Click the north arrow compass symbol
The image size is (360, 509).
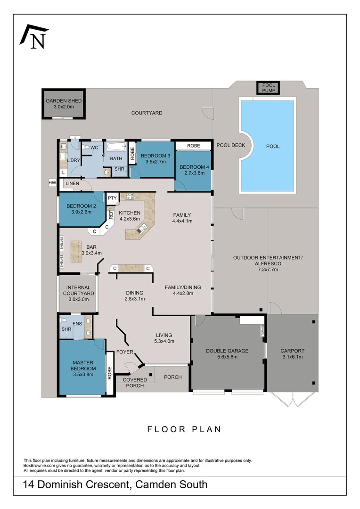pyautogui.click(x=34, y=37)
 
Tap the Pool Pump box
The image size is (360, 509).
pyautogui.click(x=268, y=88)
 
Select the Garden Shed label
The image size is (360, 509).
pyautogui.click(x=64, y=101)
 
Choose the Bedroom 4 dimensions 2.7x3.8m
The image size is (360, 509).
pyautogui.click(x=193, y=173)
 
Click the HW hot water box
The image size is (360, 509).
pyautogui.click(x=52, y=183)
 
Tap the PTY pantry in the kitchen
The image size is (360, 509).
pyautogui.click(x=112, y=198)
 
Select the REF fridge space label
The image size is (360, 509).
pyautogui.click(x=111, y=215)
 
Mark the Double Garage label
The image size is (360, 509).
pyautogui.click(x=228, y=351)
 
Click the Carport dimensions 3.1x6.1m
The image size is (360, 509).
pyautogui.click(x=292, y=357)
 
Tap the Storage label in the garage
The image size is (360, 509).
pyautogui.click(x=263, y=331)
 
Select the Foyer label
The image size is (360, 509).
pyautogui.click(x=125, y=352)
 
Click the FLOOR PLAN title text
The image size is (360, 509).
pyautogui.click(x=184, y=429)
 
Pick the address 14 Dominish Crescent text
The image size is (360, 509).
pyautogui.click(x=115, y=484)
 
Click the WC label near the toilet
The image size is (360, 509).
pyautogui.click(x=94, y=148)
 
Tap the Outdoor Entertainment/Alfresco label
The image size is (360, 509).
pyautogui.click(x=267, y=261)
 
